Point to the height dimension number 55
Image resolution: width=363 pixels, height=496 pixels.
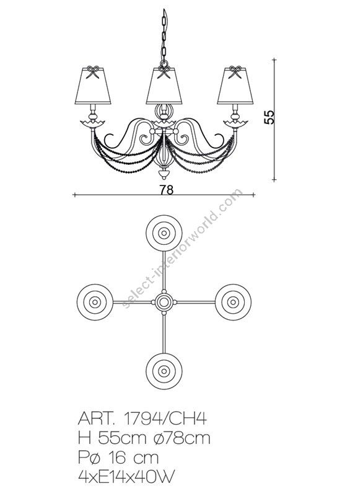coord(269,118)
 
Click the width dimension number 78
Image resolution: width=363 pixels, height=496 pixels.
coord(166,190)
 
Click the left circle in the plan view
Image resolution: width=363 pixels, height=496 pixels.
coord(95,302)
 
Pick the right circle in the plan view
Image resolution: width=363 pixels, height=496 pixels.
coord(232,302)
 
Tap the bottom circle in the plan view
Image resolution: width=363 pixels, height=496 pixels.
coord(164,371)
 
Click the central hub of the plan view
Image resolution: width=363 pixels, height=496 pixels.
coord(164,302)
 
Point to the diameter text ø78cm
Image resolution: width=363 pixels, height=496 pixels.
coord(180,438)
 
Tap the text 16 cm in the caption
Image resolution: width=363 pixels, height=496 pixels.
coord(137,458)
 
